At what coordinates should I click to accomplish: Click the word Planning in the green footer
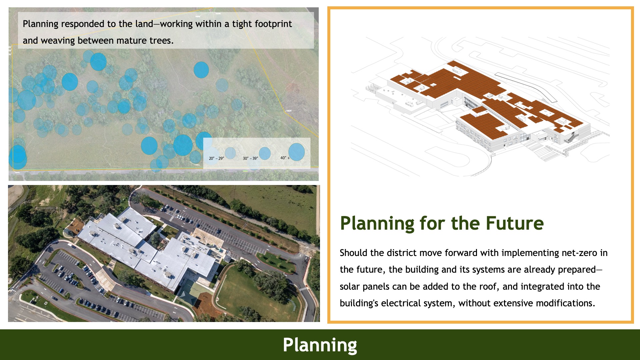pyautogui.click(x=320, y=345)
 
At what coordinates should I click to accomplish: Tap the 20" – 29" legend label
pyautogui.click(x=216, y=158)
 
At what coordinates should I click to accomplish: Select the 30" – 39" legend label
pyautogui.click(x=250, y=158)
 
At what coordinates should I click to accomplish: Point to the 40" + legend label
pyautogui.click(x=285, y=158)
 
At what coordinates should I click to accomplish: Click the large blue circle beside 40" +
pyautogui.click(x=296, y=152)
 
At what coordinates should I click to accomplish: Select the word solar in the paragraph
pyautogui.click(x=350, y=287)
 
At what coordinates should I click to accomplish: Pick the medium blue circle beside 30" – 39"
pyautogui.click(x=265, y=153)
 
